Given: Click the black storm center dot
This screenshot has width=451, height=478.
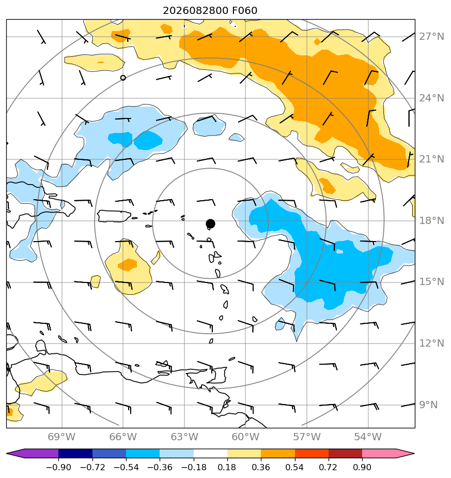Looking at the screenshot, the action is point(210,224).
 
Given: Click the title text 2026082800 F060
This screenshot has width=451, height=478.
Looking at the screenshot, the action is point(210,11).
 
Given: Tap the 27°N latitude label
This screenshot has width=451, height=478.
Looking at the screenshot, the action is point(431,37).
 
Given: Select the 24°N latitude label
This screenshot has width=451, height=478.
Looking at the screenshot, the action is point(431,98).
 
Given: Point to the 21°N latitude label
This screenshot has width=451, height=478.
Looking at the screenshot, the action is point(431,159).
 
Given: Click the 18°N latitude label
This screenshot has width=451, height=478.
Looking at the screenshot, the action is point(431,221).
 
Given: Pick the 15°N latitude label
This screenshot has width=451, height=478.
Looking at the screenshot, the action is point(431,281).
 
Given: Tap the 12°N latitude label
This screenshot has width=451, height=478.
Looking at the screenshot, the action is point(431,343).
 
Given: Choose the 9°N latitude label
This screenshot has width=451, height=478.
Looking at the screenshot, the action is point(428,405).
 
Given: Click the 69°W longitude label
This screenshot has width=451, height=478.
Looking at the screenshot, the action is point(61,437).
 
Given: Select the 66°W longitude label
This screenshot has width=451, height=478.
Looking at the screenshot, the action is point(123,437).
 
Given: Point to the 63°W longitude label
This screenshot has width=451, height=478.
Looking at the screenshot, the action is point(184,437).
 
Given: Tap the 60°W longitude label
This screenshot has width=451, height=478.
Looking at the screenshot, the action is point(245,437).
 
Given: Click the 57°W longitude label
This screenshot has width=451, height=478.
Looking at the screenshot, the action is point(307,437).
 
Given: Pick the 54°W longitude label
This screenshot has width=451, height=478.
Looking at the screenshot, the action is point(368,437).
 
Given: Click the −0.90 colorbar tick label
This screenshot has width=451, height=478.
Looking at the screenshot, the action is point(58,467).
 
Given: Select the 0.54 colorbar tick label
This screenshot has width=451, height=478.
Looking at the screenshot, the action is point(295,467).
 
